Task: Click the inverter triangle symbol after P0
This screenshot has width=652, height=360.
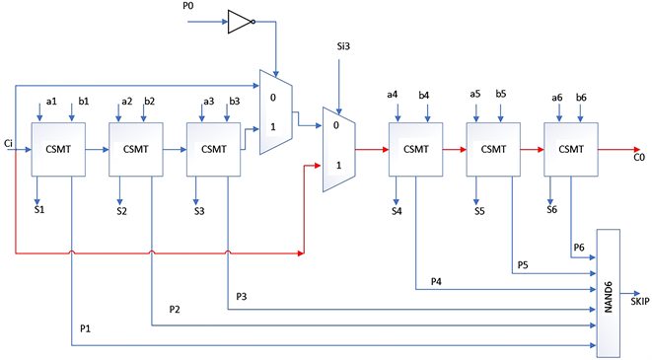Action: tap(240, 19)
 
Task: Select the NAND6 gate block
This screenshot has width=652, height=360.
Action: tap(609, 293)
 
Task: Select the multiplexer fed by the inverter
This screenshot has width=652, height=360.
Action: tap(272, 111)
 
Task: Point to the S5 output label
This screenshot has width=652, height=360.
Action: tap(478, 210)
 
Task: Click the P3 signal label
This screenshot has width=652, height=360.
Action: tap(243, 297)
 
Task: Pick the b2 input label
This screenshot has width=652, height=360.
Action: tap(149, 102)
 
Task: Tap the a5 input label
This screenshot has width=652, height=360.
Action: tap(474, 95)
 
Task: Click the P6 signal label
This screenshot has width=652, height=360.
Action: tap(580, 247)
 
